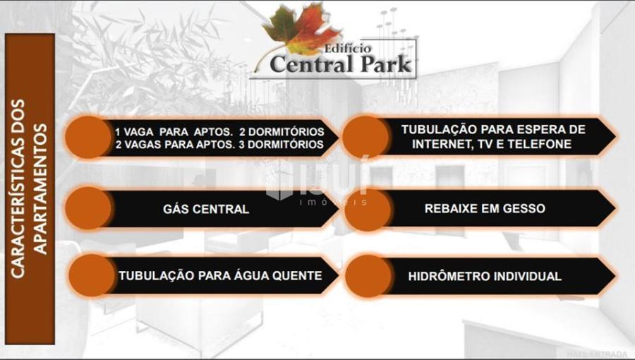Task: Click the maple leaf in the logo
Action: pyautogui.click(x=301, y=30)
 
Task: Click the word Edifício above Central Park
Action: pyautogui.click(x=347, y=49)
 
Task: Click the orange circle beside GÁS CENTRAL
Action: pyautogui.click(x=88, y=208)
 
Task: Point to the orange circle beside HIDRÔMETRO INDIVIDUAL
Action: pyautogui.click(x=368, y=276)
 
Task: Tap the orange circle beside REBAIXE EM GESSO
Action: pyautogui.click(x=368, y=209)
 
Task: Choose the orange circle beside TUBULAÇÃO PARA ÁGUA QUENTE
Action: pyautogui.click(x=92, y=275)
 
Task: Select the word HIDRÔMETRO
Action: pyautogui.click(x=444, y=277)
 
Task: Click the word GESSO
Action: pyautogui.click(x=524, y=208)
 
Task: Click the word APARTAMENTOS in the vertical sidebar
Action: pyautogui.click(x=40, y=189)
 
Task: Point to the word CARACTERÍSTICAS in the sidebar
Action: pyautogui.click(x=18, y=188)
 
